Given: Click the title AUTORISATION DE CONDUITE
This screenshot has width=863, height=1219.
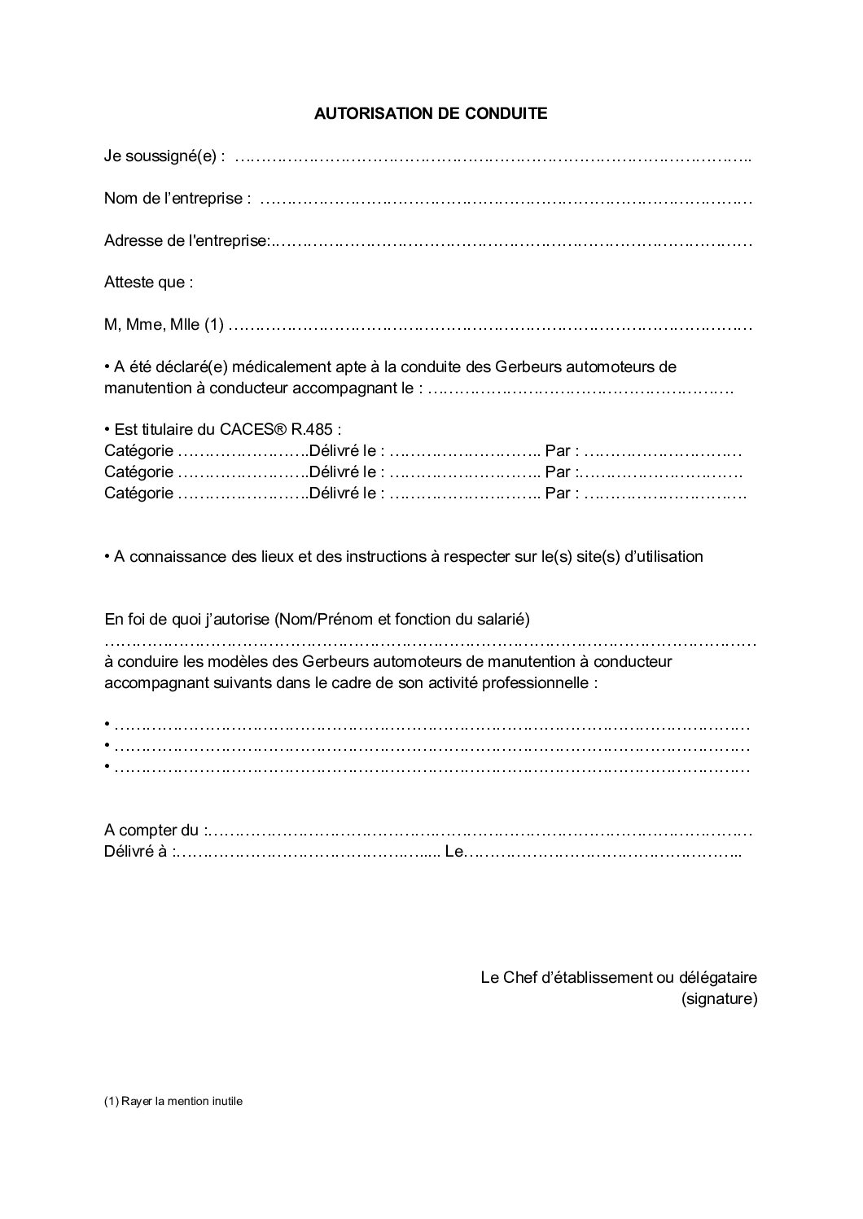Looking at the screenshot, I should point(431,114).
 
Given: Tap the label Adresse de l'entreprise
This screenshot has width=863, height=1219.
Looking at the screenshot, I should point(186,241).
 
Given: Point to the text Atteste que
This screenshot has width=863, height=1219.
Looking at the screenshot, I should point(149,283).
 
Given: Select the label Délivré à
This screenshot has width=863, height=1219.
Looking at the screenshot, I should point(138,852).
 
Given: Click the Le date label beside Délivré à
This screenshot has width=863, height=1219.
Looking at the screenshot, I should point(453,852).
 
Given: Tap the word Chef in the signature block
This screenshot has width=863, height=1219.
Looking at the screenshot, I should point(520,977).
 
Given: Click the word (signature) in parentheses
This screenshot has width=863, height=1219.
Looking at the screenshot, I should point(719,998).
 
